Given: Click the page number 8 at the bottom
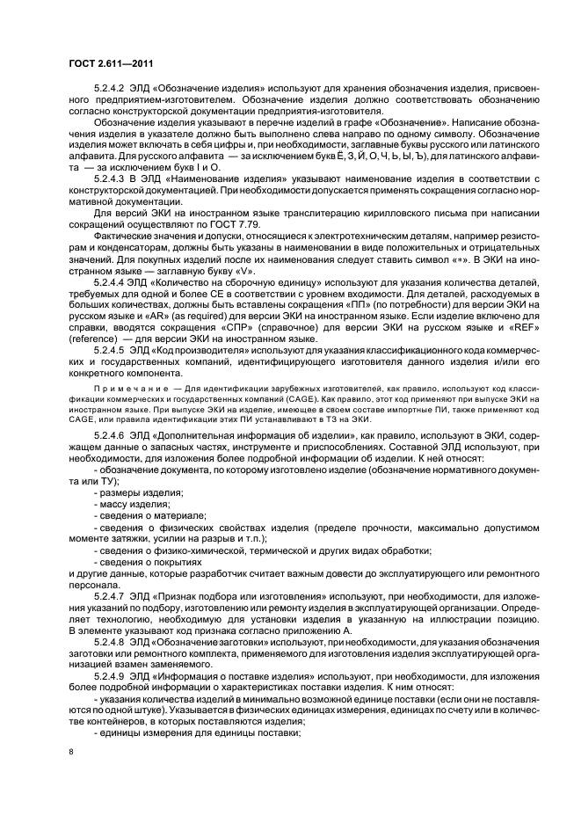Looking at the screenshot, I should [72, 751].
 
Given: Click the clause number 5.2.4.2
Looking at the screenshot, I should [111, 89].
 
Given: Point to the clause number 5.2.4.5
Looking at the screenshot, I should [111, 348].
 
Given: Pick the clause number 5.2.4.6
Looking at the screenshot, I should [111, 435].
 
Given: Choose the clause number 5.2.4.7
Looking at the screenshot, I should [111, 594].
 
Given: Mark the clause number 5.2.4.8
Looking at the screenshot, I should [111, 644].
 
